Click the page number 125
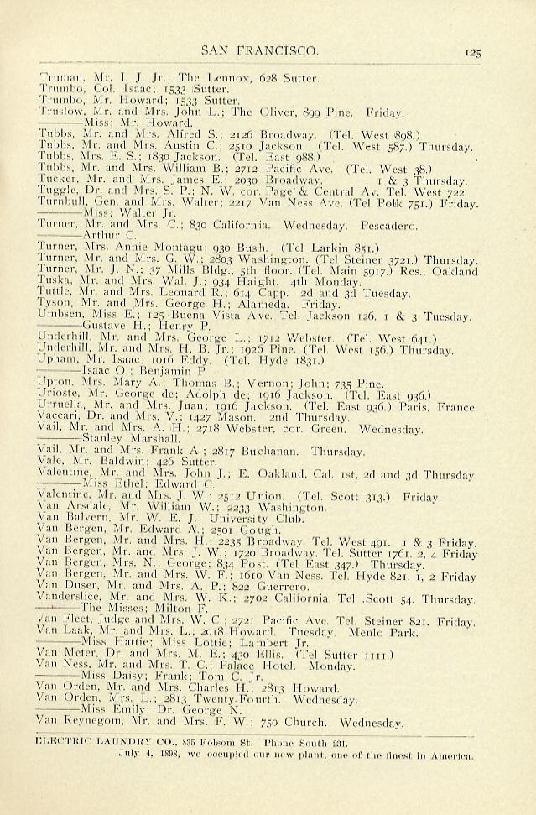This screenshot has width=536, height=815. (470, 52)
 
